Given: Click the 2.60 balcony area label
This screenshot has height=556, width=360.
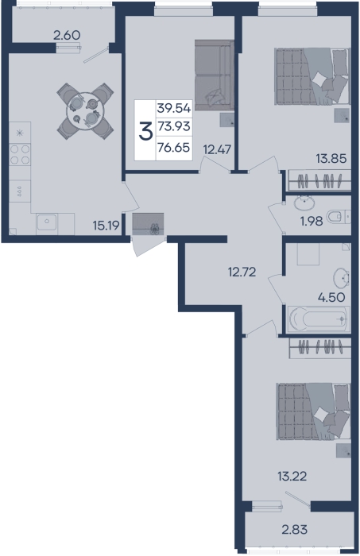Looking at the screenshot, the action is click(x=67, y=35).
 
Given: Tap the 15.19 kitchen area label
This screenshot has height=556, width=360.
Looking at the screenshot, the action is click(x=106, y=225).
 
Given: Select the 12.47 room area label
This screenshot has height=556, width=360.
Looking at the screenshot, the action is click(x=217, y=149).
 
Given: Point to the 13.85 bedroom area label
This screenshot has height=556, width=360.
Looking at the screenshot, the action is click(x=331, y=159).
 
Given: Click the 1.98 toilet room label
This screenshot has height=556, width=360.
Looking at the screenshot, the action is click(x=312, y=222).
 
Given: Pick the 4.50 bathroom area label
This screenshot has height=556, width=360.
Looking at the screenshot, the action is click(x=331, y=297).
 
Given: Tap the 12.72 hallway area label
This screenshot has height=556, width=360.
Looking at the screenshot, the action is click(x=242, y=272).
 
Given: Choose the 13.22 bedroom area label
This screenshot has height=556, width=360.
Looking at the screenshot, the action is click(x=292, y=477).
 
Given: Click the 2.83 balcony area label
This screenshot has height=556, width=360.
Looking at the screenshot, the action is click(x=294, y=530).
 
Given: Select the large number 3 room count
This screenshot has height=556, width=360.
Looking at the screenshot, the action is click(x=145, y=130).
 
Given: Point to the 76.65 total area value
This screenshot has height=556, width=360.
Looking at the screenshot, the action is click(x=174, y=147).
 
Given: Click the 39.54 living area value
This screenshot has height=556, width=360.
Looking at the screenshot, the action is click(x=174, y=108).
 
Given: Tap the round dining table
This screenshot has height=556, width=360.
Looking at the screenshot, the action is click(x=85, y=111).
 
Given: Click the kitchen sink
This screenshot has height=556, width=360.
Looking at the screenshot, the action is click(x=46, y=222).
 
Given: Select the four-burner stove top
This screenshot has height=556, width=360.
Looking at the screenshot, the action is click(x=20, y=155).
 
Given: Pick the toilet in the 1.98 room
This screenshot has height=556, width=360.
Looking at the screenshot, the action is click(x=339, y=217).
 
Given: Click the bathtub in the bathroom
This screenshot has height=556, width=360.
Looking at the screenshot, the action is click(x=318, y=319).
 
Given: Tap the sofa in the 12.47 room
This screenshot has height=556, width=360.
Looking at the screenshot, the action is click(x=215, y=75).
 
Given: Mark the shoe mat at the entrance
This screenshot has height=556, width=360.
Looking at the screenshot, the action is click(x=148, y=224).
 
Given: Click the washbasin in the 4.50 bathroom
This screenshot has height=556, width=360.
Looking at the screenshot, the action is click(x=341, y=279).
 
